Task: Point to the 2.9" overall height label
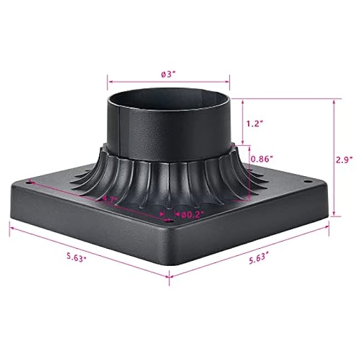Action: pyautogui.click(x=344, y=159)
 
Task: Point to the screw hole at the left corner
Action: pyautogui.click(x=28, y=181)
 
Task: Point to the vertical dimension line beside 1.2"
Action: pyautogui.click(x=243, y=123)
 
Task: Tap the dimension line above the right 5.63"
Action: pyautogui.click(x=249, y=249)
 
